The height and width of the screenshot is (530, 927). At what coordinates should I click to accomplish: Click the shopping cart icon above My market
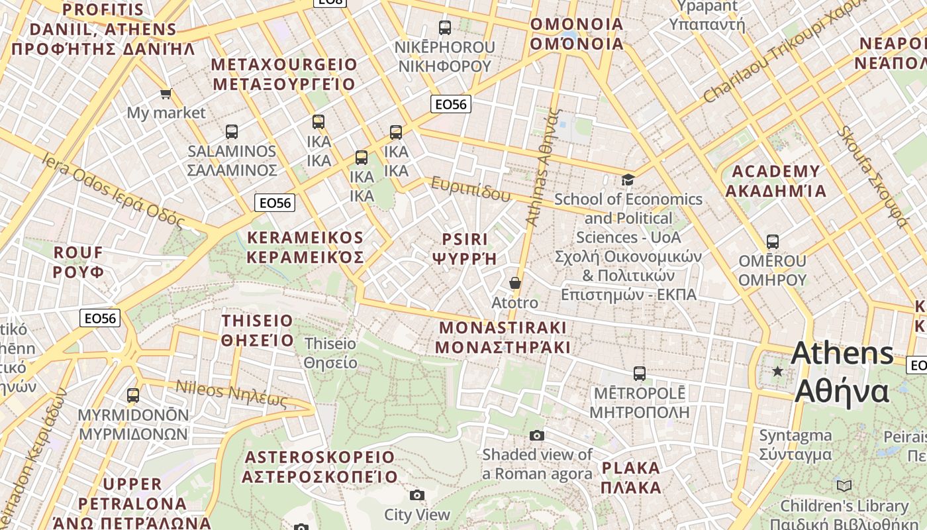tap(166, 93)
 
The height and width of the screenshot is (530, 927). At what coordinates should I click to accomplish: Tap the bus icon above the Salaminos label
tap(231, 131)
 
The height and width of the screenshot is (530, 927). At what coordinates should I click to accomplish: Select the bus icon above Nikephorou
tap(445, 28)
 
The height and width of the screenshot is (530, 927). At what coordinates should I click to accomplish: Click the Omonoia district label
tap(577, 34)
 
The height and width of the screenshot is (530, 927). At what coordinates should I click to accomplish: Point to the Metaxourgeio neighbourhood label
tap(284, 74)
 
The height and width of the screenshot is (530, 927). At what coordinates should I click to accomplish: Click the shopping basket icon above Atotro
tap(515, 283)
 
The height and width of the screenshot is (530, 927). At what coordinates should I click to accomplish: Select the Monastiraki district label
tap(503, 337)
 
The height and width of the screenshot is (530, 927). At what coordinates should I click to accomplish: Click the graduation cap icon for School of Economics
tap(628, 180)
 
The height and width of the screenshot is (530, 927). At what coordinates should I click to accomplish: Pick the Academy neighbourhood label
tap(775, 181)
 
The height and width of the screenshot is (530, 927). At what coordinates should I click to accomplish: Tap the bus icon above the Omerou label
tap(772, 242)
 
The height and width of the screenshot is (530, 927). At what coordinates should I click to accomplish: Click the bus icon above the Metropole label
tap(639, 373)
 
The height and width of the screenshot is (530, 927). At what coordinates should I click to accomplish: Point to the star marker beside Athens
tap(777, 371)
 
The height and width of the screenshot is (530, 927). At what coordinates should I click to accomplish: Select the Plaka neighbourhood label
tap(631, 478)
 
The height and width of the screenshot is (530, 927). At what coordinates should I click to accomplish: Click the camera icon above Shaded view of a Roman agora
tap(537, 435)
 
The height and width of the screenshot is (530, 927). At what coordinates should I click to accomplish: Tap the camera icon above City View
tap(416, 495)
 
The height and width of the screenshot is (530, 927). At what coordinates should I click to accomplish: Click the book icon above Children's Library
tap(844, 486)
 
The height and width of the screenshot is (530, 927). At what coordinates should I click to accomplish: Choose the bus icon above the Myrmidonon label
tap(133, 396)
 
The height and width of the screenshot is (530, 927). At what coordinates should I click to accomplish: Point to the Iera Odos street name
tap(113, 189)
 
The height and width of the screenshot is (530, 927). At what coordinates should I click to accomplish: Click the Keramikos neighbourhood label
tap(305, 247)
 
